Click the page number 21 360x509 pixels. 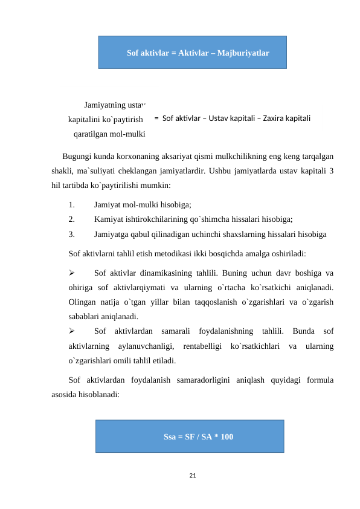192,476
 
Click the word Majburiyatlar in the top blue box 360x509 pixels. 240,53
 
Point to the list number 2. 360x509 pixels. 72,219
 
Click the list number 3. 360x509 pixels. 72,233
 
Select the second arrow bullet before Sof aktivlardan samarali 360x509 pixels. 72,331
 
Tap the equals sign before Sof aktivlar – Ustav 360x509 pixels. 156,118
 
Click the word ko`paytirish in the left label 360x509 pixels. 123,119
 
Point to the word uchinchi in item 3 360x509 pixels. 219,233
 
